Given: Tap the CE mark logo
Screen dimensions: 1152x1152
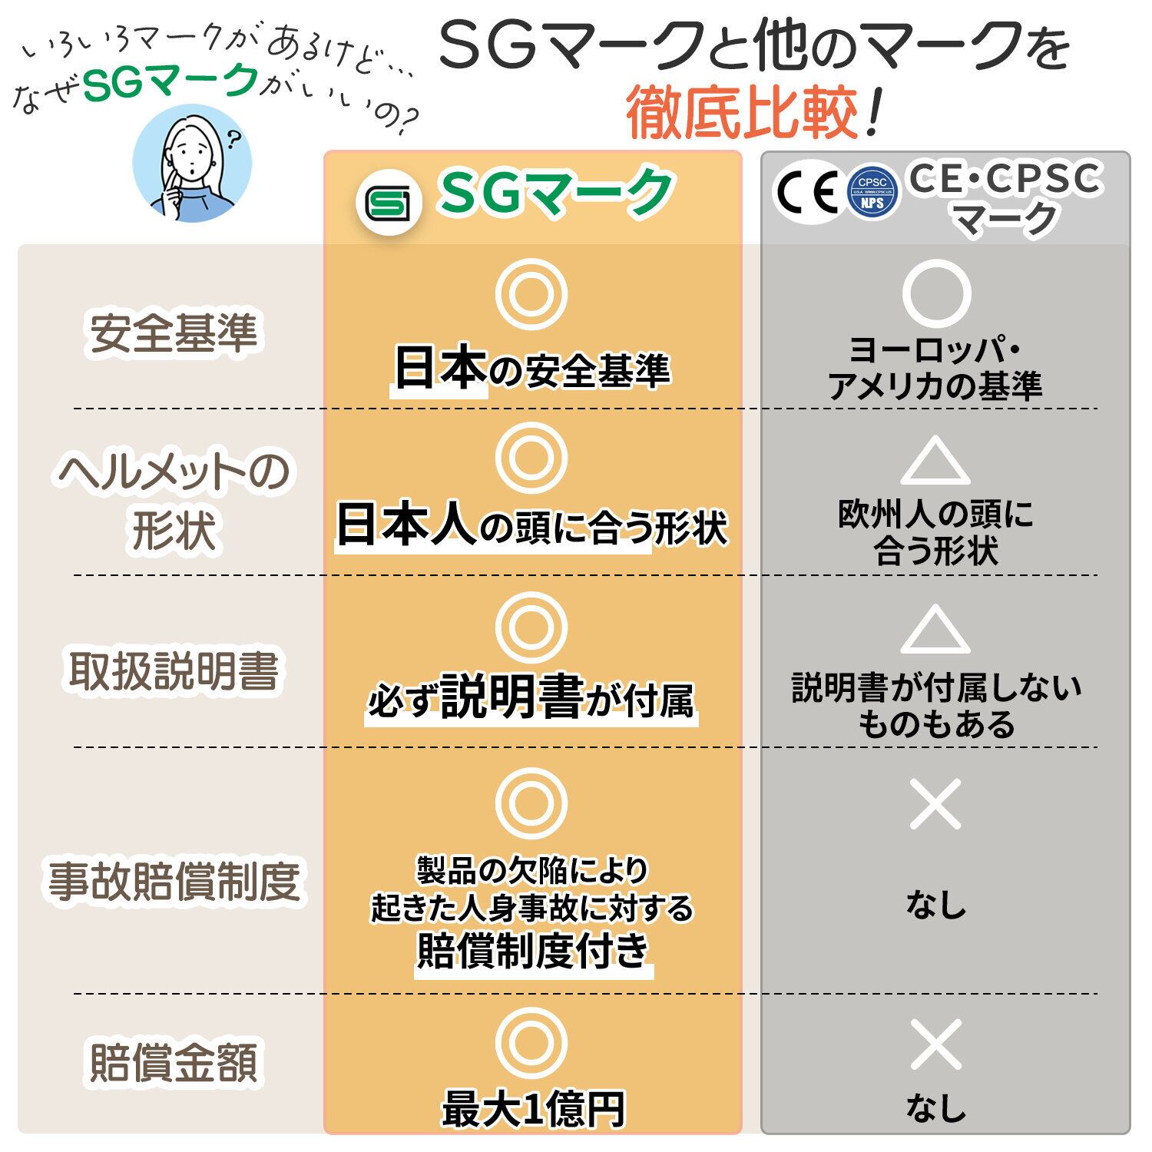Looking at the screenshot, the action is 806,191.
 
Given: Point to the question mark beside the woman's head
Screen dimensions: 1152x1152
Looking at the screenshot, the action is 233,140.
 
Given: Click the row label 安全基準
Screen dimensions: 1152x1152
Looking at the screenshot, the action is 174,333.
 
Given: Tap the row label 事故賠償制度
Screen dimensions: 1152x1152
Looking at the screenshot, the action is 174,881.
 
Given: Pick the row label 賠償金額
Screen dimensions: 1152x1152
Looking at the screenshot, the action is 174,1062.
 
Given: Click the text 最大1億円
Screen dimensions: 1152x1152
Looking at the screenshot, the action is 533,1109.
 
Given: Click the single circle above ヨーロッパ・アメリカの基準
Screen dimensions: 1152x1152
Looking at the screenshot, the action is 935,293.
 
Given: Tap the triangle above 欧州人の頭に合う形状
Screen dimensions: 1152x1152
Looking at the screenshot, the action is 935,462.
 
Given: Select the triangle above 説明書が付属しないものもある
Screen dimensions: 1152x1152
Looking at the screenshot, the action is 935,631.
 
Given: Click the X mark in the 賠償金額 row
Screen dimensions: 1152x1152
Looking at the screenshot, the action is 935,1044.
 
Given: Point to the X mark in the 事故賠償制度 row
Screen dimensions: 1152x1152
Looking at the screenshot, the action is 935,804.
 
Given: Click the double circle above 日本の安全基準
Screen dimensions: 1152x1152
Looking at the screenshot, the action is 531,294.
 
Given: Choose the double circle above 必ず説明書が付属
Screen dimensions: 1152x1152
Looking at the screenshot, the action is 531,627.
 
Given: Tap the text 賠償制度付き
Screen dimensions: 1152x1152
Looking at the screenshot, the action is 533,951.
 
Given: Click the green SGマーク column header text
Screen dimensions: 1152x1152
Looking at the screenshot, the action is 555,193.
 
